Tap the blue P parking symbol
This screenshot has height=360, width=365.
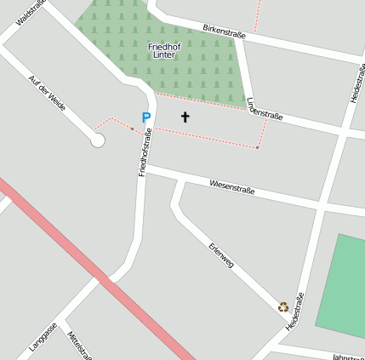pos(145,117)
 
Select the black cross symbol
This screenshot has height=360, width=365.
pos(185,117)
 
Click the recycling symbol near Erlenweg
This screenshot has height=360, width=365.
pos(283,306)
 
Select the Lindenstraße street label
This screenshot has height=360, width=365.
pos(264,108)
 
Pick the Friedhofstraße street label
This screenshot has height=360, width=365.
pos(145,151)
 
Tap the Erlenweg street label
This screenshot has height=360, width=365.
pos(220,256)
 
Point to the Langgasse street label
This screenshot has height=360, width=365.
pos(43,337)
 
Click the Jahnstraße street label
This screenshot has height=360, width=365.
pos(348,357)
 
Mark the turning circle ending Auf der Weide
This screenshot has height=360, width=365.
pos(98,140)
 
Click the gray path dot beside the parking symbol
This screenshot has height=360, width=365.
pos(132,129)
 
